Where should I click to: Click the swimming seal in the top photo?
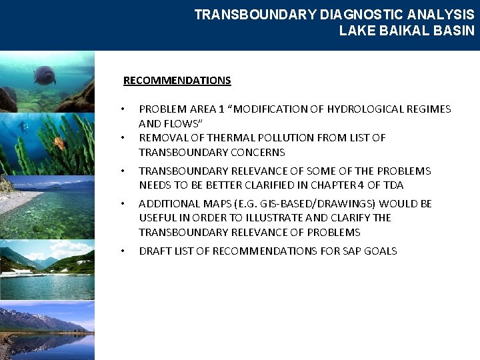click(45, 74)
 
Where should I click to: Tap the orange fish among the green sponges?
click(59, 142)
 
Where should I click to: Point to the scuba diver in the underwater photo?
click(24, 126)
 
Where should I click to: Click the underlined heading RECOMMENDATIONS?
click(177, 81)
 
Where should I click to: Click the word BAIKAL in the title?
click(397, 31)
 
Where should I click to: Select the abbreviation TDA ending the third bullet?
click(393, 185)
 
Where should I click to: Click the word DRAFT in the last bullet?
click(153, 251)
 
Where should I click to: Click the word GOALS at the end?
click(382, 251)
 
